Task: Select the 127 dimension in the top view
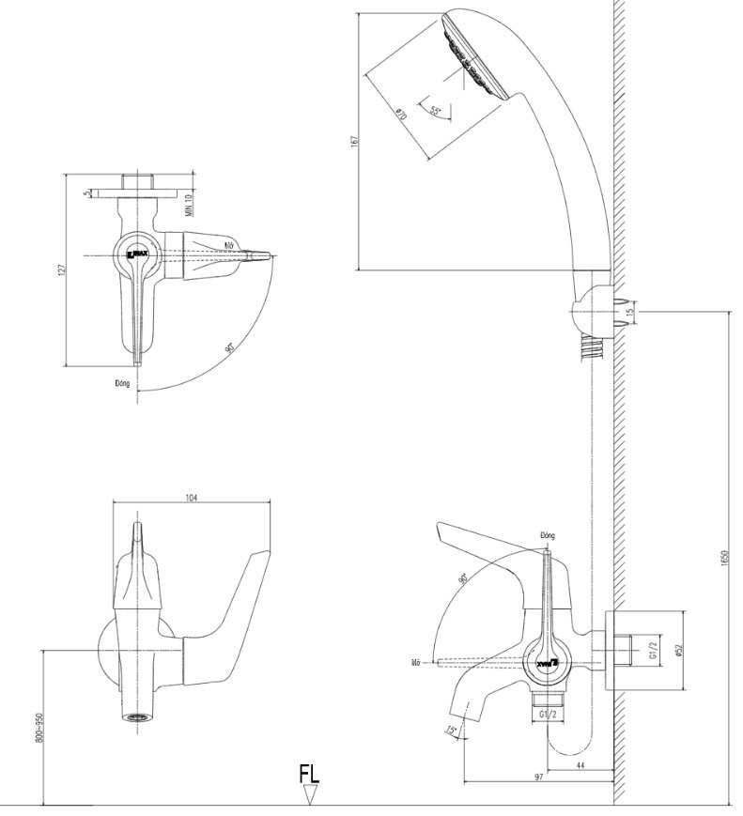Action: pos(59,270)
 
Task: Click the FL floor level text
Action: pos(309,776)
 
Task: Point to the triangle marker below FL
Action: pos(311,795)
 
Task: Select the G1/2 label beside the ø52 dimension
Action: pos(657,649)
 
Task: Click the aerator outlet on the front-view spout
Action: pos(137,717)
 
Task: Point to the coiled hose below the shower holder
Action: pos(589,351)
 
